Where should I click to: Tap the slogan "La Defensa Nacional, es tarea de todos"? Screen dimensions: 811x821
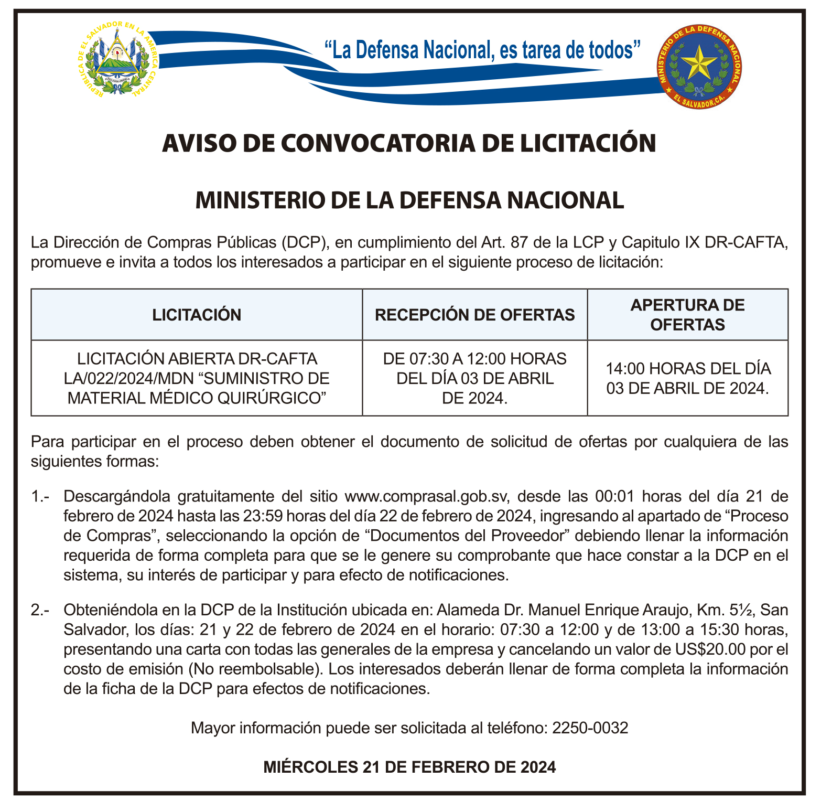[483, 50]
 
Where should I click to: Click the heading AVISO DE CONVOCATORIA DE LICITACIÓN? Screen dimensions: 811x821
[409, 143]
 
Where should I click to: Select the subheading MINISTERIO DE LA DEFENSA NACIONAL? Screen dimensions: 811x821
[409, 200]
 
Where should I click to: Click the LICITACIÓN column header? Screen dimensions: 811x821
[197, 315]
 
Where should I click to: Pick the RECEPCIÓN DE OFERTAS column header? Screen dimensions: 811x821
[474, 315]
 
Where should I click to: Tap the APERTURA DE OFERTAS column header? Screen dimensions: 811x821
[687, 315]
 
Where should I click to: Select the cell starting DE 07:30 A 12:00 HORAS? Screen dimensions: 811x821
[474, 378]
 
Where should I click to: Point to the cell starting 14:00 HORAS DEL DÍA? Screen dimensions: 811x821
[687, 378]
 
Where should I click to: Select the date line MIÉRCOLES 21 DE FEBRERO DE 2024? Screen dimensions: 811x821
[409, 767]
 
